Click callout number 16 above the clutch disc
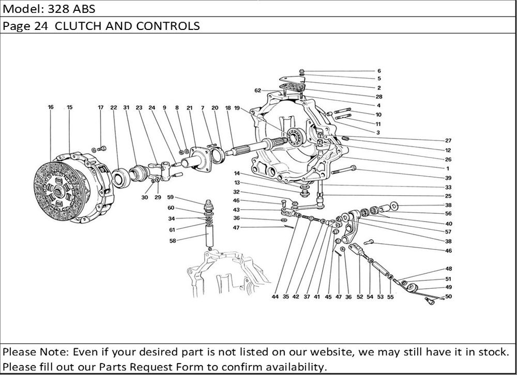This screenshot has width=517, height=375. tap(51, 107)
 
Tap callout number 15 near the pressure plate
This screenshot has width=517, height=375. tap(69, 107)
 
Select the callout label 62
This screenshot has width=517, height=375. tap(257, 91)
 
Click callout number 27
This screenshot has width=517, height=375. tap(448, 140)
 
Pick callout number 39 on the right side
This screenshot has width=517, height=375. tap(448, 178)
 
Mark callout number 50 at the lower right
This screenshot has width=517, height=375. tap(448, 296)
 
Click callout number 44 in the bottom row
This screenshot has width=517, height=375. tap(275, 298)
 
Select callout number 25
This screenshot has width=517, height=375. tap(448, 196)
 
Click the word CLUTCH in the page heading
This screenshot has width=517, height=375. tap(74, 26)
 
